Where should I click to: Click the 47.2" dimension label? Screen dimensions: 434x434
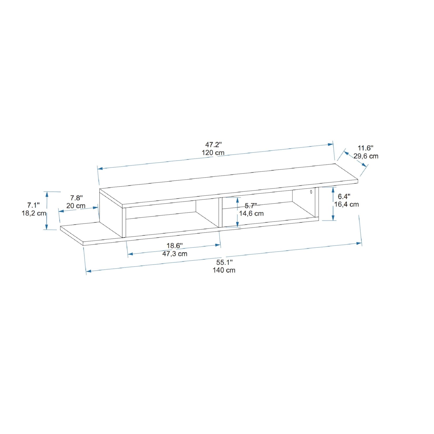coord(213,145)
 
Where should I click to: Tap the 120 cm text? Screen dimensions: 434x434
coord(213,153)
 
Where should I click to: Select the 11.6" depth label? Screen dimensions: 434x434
coord(365,148)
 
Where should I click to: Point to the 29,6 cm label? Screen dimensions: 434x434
coord(366,156)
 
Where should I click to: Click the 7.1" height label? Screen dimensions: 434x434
coord(33,205)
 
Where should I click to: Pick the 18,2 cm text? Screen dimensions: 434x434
coord(34,213)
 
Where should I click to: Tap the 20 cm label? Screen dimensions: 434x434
coord(76,206)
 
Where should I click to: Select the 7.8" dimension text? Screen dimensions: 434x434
coord(76,198)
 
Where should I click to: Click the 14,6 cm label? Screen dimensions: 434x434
coord(251,214)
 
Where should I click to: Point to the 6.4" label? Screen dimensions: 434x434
coord(344,196)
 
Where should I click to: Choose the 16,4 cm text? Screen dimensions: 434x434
coord(346,204)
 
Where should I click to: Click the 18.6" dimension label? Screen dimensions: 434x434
coord(174,246)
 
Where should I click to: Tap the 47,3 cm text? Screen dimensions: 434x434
coord(175,254)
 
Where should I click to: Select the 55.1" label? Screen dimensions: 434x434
coord(224,262)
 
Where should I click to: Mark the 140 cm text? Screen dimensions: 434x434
coord(224,270)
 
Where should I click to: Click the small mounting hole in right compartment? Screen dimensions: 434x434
coord(311,192)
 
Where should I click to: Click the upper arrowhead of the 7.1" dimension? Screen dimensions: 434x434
coord(47,194)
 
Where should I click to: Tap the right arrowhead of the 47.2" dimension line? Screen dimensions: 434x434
coord(331,144)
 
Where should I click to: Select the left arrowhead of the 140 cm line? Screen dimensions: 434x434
coord(88,271)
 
